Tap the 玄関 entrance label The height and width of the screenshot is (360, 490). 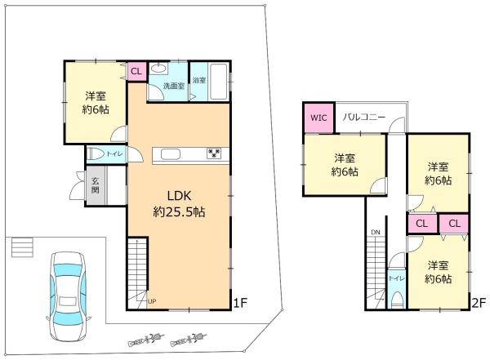[95, 186]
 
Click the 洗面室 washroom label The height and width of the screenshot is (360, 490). [172, 85]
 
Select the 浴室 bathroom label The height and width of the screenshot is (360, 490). [199, 80]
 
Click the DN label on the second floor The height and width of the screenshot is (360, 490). [375, 232]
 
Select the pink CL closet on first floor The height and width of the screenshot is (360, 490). [136, 71]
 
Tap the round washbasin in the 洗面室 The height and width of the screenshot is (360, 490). [158, 69]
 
